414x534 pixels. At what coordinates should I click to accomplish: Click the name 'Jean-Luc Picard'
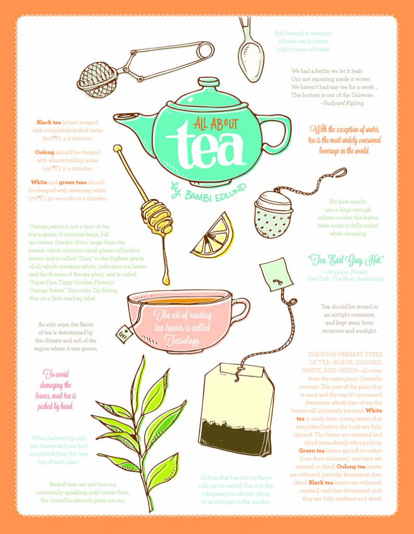point(345,272)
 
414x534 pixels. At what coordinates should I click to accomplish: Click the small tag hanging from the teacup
point(123,333)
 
